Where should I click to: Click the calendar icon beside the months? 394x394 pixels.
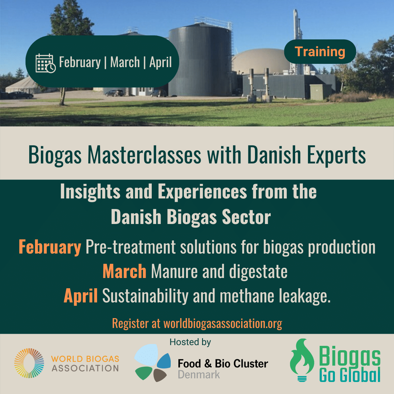46,63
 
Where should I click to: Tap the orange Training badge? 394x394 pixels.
320,51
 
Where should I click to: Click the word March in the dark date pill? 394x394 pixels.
125,62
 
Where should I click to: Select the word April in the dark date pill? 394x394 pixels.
160,62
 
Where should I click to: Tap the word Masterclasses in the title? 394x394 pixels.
144,155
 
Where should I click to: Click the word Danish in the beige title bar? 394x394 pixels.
274,155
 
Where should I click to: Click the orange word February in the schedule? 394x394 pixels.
50,247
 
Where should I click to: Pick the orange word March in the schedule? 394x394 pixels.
124,271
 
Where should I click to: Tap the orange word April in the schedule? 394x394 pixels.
80,296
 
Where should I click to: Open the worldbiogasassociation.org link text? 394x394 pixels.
223,324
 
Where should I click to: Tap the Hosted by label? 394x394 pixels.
190,342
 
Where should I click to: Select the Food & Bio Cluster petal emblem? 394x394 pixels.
152,363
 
